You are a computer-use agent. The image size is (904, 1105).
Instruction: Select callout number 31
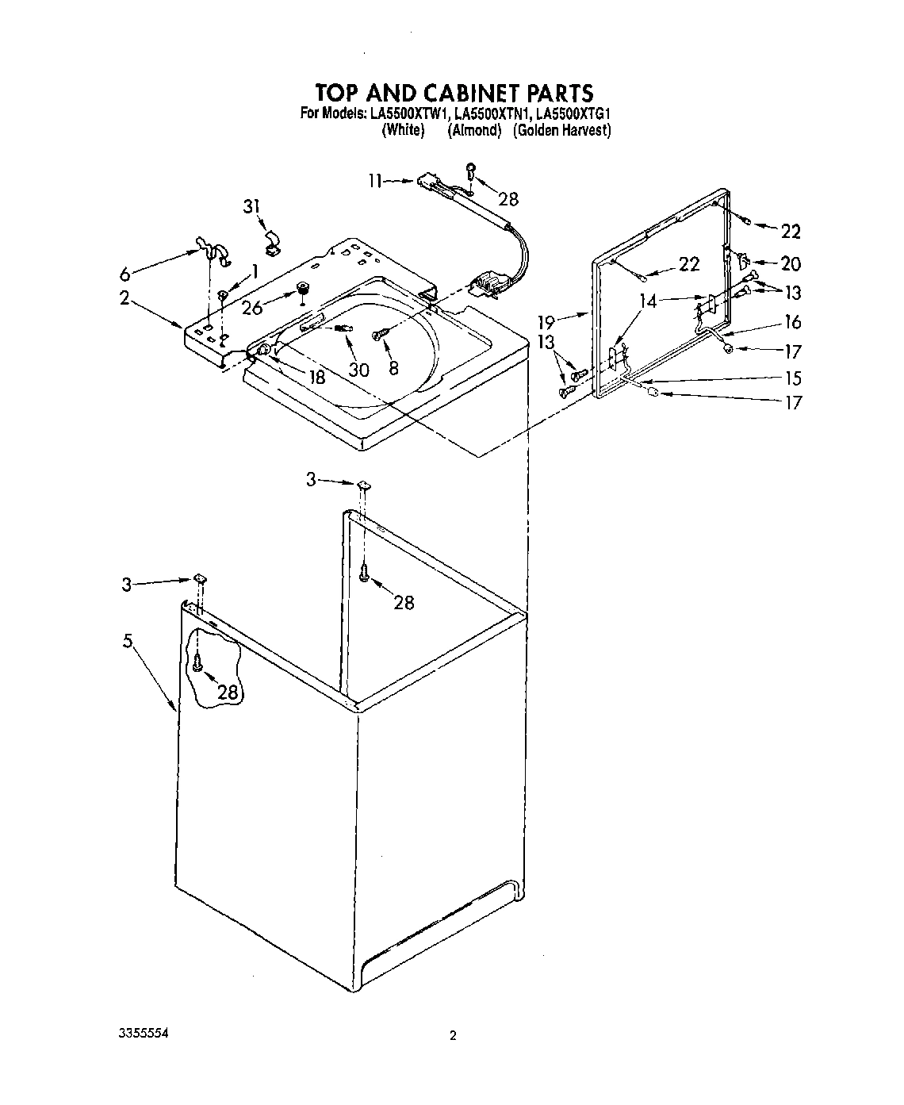(251, 207)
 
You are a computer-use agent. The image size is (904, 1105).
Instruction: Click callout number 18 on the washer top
(316, 378)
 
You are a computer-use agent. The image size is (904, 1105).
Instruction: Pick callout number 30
(359, 369)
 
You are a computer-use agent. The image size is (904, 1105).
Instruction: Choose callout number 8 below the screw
(393, 368)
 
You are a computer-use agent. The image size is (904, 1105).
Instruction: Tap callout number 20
(790, 263)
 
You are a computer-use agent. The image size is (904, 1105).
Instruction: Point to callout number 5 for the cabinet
(128, 641)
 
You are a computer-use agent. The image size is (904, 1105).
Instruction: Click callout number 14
(649, 301)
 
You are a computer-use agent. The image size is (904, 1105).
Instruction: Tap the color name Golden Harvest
(561, 130)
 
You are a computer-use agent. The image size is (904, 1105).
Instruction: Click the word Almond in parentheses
(474, 130)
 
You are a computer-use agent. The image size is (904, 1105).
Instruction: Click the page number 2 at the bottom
(453, 1035)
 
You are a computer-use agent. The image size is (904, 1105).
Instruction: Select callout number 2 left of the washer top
(124, 297)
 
